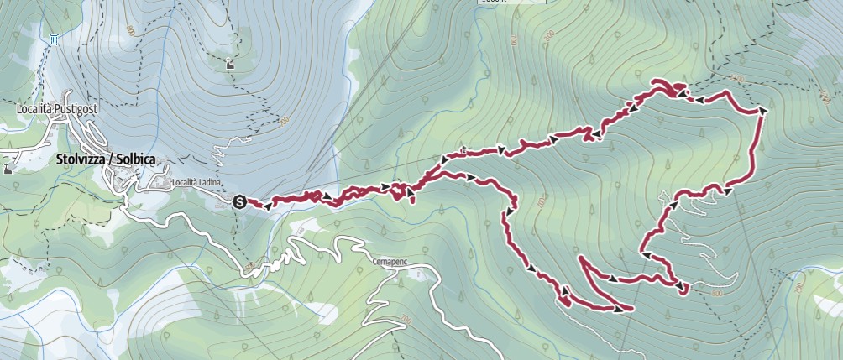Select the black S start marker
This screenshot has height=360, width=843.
point(239,201)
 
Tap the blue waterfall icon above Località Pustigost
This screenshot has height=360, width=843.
point(53,39)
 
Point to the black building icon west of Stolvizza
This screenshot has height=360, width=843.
point(9,168)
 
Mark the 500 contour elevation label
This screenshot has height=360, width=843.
point(249,268)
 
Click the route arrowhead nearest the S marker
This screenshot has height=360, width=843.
point(267,204)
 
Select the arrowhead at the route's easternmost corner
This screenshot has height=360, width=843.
point(763,110)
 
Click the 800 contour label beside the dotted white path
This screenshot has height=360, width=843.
point(716,294)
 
